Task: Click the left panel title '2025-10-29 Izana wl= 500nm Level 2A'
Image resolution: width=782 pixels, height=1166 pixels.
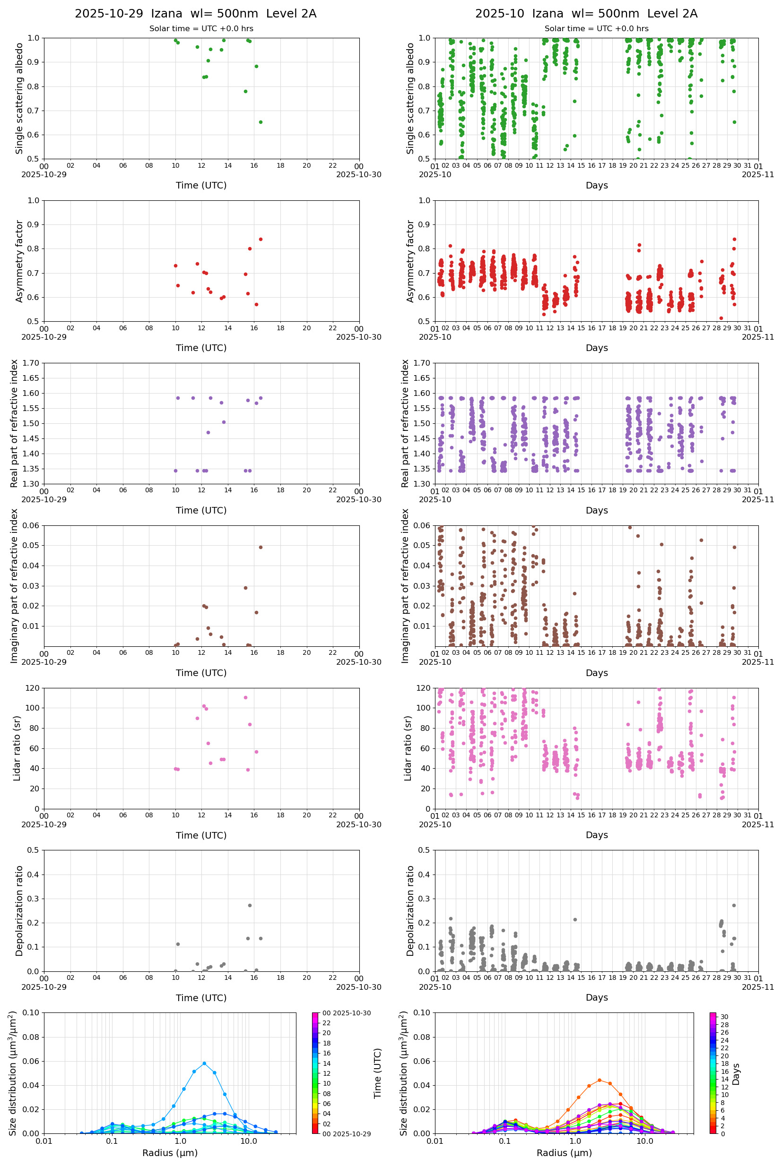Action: click(196, 13)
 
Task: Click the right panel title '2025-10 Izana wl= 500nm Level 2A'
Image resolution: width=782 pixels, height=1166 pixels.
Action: click(586, 13)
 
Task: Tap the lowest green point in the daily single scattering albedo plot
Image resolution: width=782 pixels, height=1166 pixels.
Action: click(261, 122)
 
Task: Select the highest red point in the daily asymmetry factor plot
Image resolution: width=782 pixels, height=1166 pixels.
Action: click(261, 239)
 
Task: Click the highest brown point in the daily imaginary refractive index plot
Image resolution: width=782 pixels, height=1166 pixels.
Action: click(261, 547)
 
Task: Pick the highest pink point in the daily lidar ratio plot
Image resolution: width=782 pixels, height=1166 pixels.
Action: click(245, 698)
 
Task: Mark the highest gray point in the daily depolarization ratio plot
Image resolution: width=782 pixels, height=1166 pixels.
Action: click(250, 905)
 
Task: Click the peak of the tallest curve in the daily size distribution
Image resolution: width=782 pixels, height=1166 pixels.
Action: click(204, 1063)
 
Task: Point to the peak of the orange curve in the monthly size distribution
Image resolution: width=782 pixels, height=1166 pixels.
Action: click(600, 1080)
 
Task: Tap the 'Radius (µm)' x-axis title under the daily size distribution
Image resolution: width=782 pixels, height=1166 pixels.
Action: click(170, 1153)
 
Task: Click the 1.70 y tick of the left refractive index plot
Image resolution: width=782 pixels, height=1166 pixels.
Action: click(31, 363)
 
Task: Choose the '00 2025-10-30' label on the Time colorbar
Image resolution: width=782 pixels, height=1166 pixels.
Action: click(347, 1013)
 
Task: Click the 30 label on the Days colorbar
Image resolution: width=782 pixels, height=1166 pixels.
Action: click(724, 1017)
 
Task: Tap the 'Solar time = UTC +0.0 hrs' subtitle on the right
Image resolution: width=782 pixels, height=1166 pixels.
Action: click(597, 29)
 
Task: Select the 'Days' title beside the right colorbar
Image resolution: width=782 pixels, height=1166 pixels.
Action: click(736, 1074)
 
